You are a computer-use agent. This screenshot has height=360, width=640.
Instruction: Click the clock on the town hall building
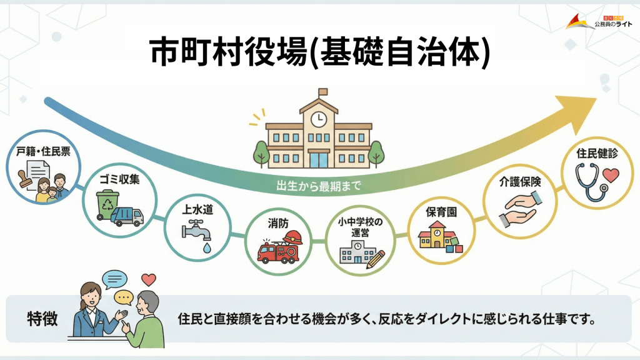319,117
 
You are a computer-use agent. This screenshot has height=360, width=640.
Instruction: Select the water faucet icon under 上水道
196,234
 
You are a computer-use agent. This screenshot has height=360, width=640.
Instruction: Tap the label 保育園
441,212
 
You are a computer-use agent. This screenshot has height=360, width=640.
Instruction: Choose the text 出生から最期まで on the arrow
319,186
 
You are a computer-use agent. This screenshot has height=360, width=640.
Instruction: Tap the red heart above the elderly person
148,279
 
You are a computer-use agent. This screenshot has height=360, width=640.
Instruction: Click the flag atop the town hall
322,91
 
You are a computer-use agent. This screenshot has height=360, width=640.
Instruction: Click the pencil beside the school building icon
376,259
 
